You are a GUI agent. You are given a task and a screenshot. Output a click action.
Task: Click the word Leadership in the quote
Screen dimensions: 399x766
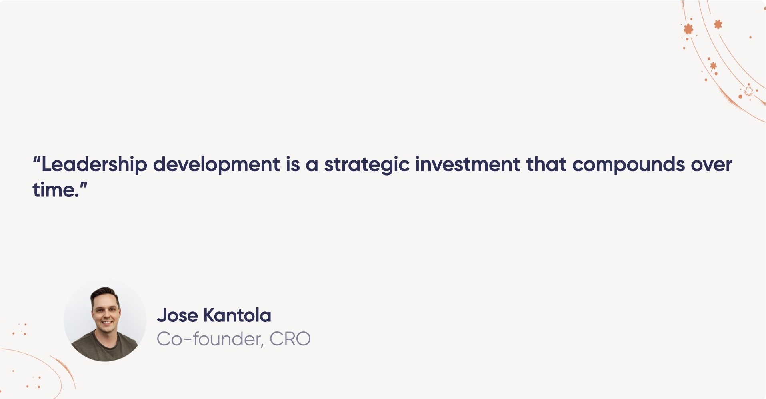coord(94,165)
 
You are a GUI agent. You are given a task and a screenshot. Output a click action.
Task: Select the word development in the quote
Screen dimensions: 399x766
coord(216,165)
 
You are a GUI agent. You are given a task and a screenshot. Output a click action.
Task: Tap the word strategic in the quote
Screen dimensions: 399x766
coord(367,165)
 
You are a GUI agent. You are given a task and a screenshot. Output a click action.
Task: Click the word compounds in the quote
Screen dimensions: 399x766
coord(628,165)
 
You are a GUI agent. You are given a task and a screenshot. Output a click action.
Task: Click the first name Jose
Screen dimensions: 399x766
coord(177,315)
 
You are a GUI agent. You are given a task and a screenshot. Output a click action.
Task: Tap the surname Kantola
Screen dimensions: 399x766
coord(237,315)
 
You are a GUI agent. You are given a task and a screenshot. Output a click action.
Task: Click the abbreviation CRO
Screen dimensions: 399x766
coord(290,339)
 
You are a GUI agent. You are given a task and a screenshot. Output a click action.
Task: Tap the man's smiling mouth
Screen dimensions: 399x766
coord(106,322)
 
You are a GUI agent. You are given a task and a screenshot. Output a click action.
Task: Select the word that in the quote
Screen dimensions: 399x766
coord(546,165)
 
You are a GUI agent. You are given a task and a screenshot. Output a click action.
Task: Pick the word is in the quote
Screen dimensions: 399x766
coord(293,165)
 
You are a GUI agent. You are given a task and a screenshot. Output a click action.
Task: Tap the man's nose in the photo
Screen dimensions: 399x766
coord(106,314)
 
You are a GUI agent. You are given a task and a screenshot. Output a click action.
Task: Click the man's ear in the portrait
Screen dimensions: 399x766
coord(92,312)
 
